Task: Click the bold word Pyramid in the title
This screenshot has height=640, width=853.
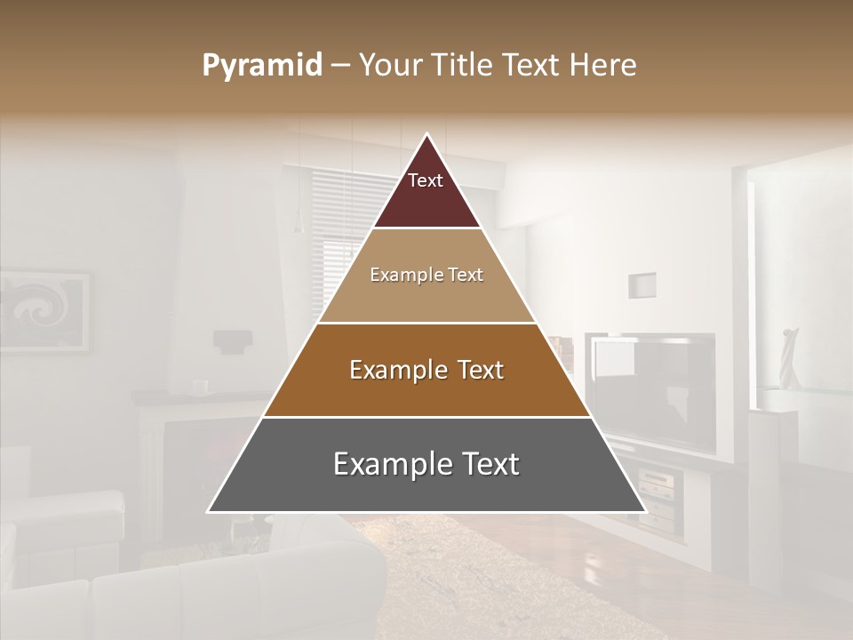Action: (x=262, y=66)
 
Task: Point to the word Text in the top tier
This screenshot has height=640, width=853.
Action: (x=426, y=180)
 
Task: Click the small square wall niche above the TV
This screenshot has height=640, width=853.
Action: (x=642, y=285)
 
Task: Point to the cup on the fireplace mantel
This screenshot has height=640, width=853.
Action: (x=200, y=387)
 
